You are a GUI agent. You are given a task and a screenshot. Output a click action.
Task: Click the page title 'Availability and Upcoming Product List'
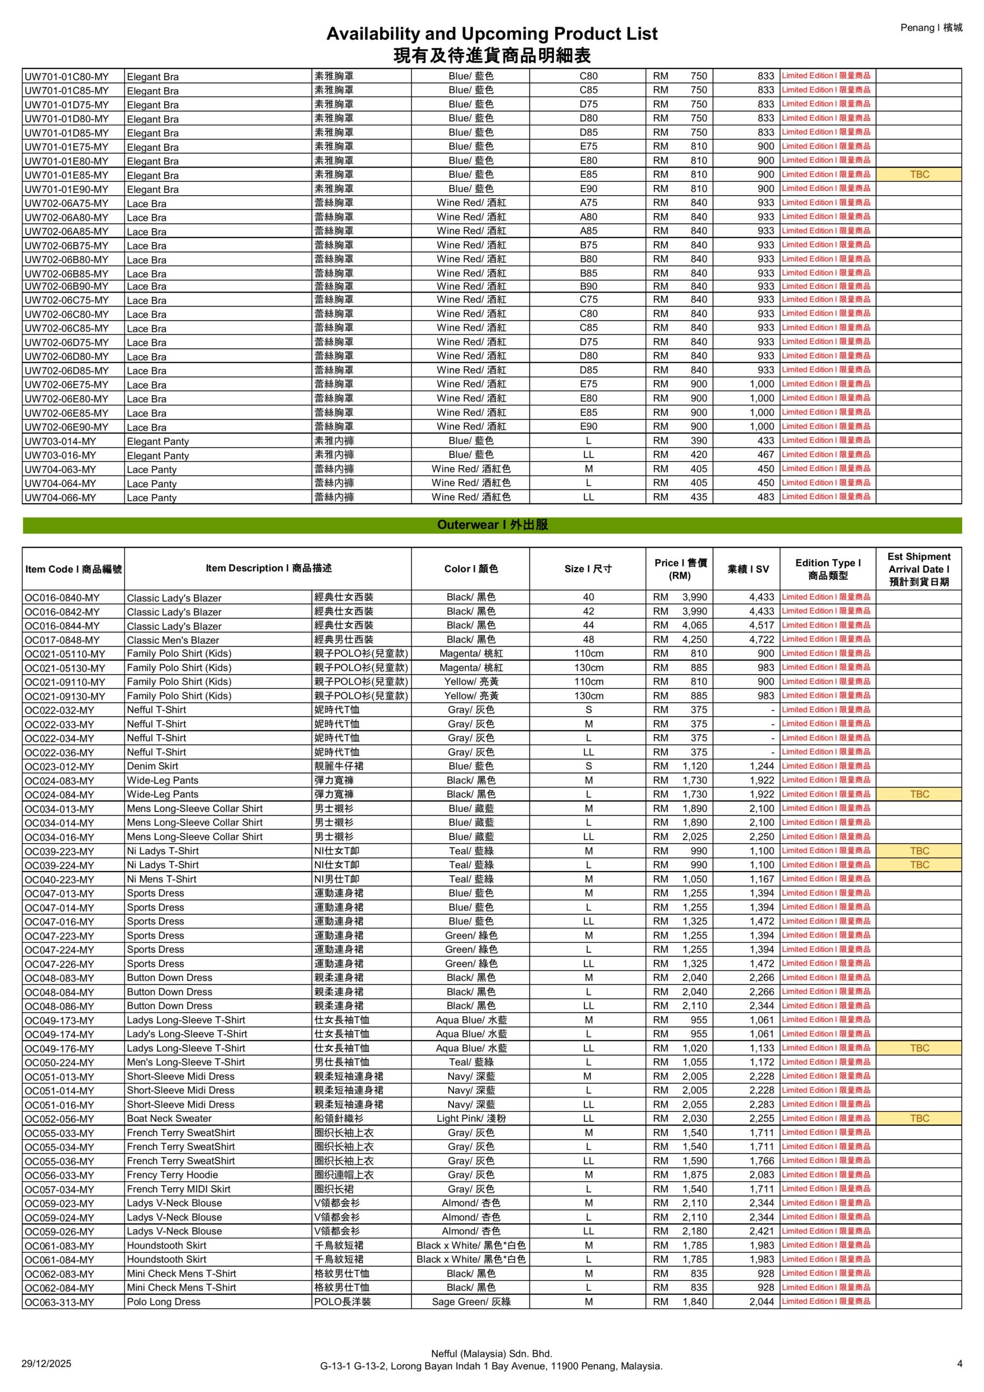pos(491,34)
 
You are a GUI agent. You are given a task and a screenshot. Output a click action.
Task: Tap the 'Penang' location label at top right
pos(931,28)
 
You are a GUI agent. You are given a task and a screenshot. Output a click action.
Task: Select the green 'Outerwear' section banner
pos(491,525)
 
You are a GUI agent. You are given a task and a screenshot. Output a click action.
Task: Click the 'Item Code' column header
pos(73,569)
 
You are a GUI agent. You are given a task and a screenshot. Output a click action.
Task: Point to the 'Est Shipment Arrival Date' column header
pos(919,569)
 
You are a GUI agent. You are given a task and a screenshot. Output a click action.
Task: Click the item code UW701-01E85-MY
pos(67,175)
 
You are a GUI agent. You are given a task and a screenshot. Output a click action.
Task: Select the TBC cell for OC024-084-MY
pos(919,794)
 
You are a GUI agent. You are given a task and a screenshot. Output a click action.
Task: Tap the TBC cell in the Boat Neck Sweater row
pos(919,1118)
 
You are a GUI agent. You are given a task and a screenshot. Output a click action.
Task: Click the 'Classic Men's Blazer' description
pos(173,640)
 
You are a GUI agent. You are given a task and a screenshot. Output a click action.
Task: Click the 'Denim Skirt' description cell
pos(153,766)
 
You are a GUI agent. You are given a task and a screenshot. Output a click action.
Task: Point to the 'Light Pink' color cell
pos(470,1118)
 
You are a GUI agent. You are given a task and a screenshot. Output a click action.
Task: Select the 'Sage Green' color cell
pos(470,1302)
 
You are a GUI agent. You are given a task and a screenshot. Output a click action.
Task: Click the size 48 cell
pos(588,639)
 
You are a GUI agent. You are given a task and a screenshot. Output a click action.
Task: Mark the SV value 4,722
pos(762,639)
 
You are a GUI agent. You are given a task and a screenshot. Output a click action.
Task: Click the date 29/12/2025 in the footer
pos(46,1364)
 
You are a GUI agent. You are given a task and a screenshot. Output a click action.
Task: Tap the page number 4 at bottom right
pos(959,1364)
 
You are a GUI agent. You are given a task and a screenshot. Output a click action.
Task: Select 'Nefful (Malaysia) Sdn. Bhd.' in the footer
pos(491,1353)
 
